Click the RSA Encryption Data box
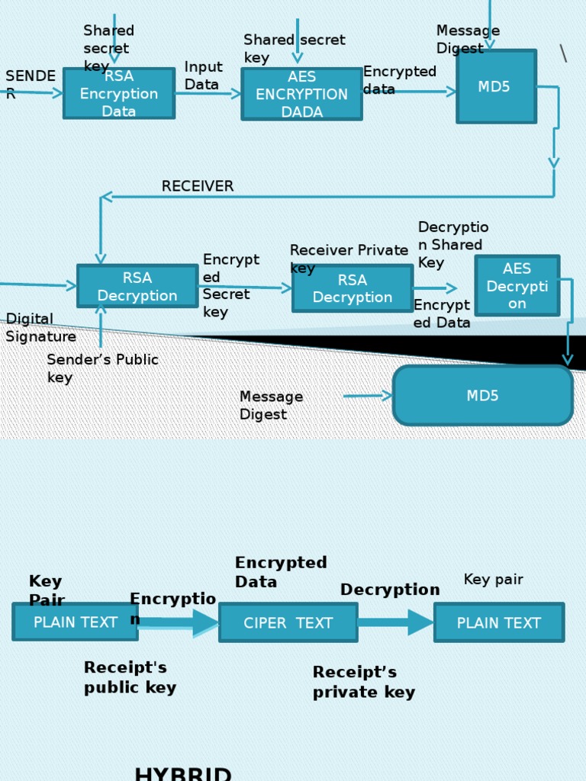click(119, 94)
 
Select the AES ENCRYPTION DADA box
click(301, 94)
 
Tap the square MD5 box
click(496, 86)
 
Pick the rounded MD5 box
click(482, 396)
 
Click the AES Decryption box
click(517, 286)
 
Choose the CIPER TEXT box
click(288, 622)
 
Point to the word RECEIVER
click(198, 187)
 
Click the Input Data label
click(203, 76)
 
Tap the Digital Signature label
click(40, 328)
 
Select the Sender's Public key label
click(102, 368)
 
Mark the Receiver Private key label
click(348, 259)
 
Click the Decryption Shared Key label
click(452, 245)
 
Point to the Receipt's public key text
click(130, 677)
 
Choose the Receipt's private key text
click(364, 682)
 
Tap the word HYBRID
click(183, 774)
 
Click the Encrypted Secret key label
click(230, 286)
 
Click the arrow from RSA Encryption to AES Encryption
click(208, 93)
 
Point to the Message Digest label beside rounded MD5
click(271, 406)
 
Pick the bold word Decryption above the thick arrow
click(390, 590)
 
